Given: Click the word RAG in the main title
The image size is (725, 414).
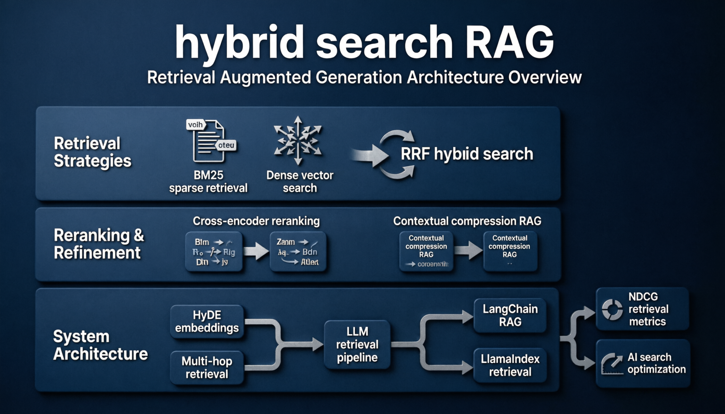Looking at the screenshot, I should point(509,42).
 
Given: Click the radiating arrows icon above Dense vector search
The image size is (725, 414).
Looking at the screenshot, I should point(298,140).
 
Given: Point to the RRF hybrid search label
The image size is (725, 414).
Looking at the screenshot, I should point(467,154).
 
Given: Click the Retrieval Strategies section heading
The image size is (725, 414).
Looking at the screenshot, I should point(92,152).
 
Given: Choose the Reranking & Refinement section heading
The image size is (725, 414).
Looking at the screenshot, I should point(98,244).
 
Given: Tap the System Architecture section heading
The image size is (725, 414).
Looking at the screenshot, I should point(100,345).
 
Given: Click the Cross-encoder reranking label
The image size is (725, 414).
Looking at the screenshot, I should point(256,221).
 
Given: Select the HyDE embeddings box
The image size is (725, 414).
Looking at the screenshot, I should point(207,322).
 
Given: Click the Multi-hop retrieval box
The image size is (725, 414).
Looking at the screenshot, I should point(207,367).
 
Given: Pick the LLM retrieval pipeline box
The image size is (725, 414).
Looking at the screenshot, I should point(357,345).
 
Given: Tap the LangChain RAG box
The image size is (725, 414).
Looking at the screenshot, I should point(510,316).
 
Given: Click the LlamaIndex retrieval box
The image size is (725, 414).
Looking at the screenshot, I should point(510,366).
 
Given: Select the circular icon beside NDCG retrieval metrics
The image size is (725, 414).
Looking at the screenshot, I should point(612,309).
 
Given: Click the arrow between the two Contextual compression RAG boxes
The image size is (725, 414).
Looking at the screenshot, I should point(468,250).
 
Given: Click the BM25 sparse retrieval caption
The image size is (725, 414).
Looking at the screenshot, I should point(208,182).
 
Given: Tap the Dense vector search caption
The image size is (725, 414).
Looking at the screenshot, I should point(300,182).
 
